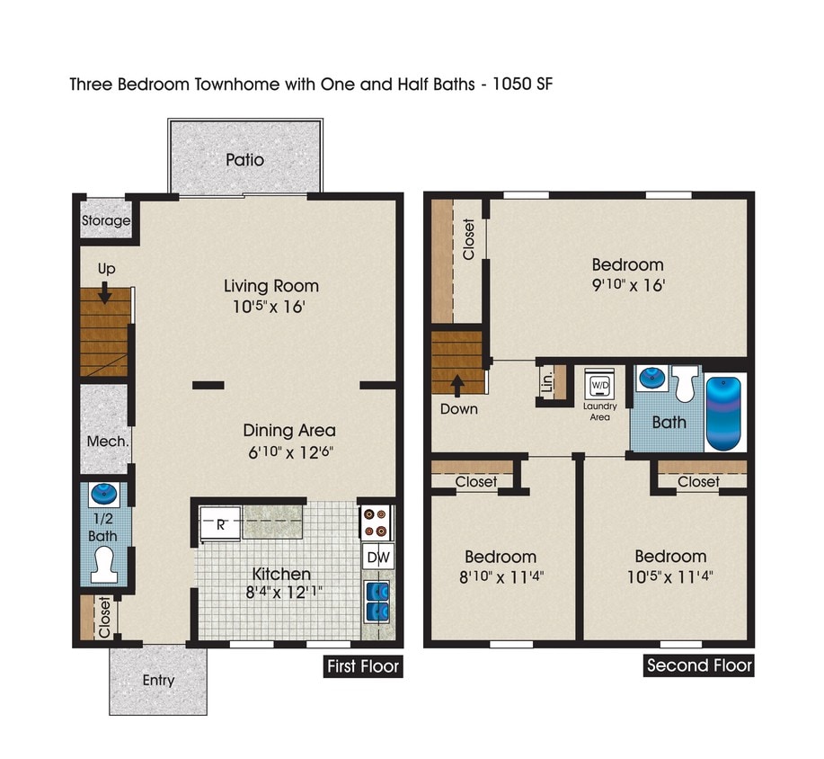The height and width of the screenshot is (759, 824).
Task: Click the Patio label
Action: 244,160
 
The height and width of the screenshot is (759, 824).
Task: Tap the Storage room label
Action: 106,220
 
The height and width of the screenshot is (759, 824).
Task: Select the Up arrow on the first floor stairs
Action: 106,292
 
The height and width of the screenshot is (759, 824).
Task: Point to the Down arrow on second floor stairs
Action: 458,385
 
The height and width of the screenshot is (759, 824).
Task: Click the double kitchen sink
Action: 378,602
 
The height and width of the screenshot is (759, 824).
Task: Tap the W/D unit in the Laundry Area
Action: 598,386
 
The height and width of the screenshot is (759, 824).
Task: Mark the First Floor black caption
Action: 362,666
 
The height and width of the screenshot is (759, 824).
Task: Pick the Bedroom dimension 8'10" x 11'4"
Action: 500,576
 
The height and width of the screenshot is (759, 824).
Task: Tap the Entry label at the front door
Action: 159,681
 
